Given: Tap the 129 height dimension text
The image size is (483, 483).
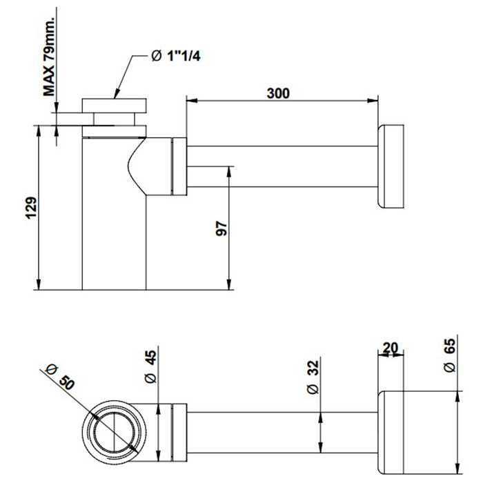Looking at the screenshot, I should click(30, 207).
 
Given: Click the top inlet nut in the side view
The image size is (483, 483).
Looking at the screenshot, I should click(115, 108).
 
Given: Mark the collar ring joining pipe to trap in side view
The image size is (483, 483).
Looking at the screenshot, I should click(179, 166).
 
